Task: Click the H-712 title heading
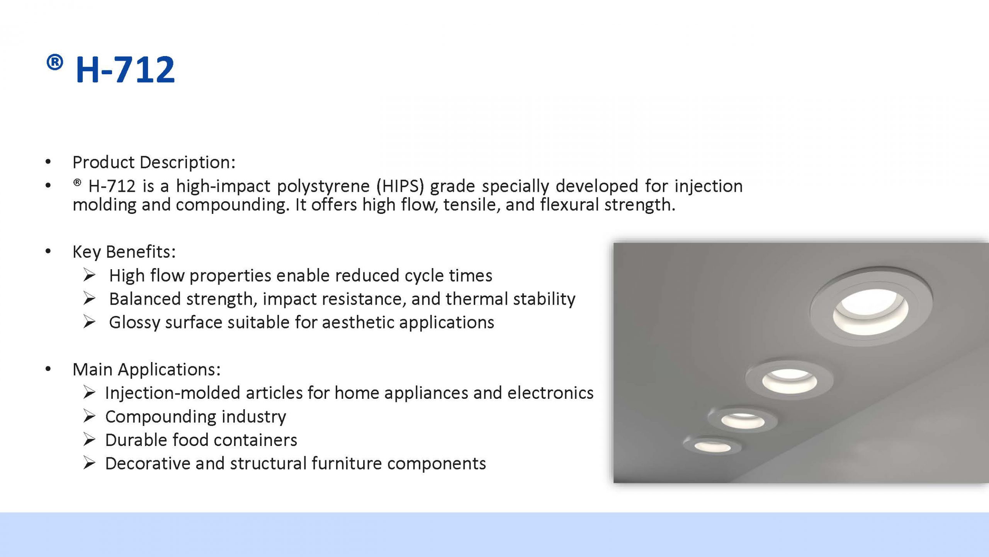pos(125,70)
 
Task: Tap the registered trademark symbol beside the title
pos(55,62)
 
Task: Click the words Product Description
pos(153,162)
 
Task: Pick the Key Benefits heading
pos(124,252)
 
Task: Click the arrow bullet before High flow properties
pos(89,275)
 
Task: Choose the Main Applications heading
pos(146,369)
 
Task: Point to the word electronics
pos(550,393)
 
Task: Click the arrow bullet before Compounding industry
pos(89,417)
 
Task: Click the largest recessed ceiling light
pos(871,306)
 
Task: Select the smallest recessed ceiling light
pos(712,446)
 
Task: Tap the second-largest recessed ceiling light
pos(789,380)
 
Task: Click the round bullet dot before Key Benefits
pos(48,252)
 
